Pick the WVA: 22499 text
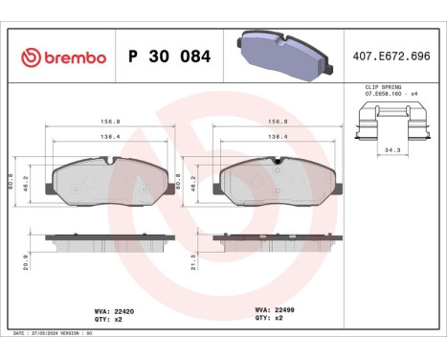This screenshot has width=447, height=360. [x=276, y=309]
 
